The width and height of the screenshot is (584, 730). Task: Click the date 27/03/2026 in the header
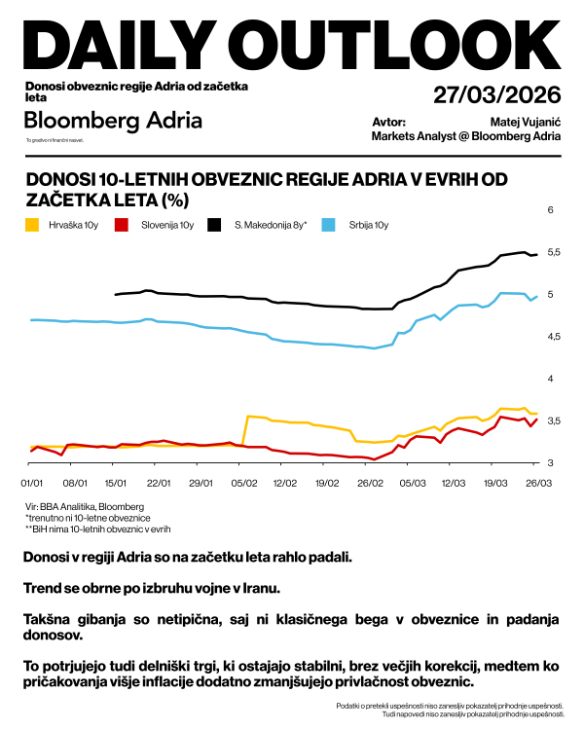point(497,94)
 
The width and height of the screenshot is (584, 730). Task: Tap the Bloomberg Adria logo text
point(114,121)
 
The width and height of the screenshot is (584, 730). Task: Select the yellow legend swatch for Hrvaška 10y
point(33,226)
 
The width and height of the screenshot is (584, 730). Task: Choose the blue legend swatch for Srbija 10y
point(329,226)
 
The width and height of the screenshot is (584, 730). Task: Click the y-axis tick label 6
point(550,210)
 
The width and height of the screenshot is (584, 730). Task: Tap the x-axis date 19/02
point(327,482)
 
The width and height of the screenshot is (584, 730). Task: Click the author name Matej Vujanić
point(527,122)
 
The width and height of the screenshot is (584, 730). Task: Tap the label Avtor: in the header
point(388,122)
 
